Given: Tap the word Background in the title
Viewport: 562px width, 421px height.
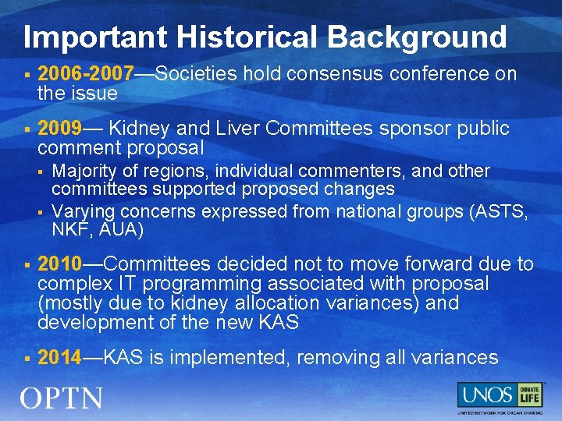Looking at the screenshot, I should click(x=417, y=37).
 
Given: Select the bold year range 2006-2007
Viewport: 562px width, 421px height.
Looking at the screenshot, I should click(x=86, y=74).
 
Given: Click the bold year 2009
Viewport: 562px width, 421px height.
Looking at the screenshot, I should click(x=60, y=129).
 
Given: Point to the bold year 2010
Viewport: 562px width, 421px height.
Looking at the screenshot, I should click(x=60, y=264).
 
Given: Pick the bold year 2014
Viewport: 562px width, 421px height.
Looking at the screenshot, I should click(x=60, y=358).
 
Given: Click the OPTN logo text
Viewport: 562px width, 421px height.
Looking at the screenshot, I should click(x=62, y=398).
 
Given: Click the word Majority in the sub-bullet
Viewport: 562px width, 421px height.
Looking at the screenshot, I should click(x=86, y=171).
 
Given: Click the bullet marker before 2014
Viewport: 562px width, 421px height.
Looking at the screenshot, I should click(x=27, y=359).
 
